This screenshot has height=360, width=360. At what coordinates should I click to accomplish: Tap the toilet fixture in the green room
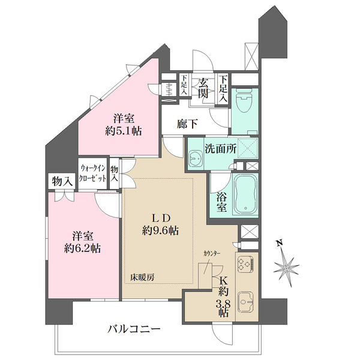[244, 102]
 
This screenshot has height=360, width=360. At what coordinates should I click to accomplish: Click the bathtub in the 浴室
[244, 193]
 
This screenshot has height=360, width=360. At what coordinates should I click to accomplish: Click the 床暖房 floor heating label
[143, 277]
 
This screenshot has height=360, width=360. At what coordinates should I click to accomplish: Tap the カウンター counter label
[211, 255]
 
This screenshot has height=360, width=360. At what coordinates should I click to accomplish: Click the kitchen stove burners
[245, 265]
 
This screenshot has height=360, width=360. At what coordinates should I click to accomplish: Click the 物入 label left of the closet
[62, 181]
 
